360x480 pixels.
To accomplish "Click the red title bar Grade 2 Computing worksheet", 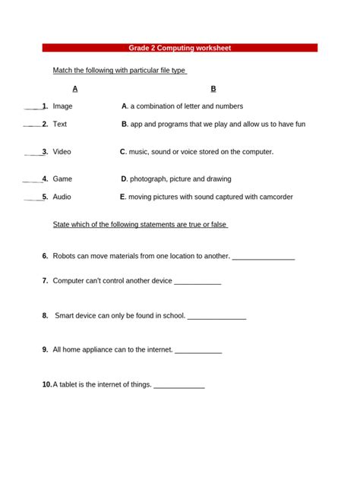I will (180, 48).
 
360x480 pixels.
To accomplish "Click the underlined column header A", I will (74, 89).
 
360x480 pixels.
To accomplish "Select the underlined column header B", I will (213, 89).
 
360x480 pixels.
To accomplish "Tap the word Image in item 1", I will (63, 106).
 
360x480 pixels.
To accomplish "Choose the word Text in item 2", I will (60, 124).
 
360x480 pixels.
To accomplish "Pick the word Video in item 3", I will (62, 152).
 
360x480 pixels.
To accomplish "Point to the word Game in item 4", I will (62, 179).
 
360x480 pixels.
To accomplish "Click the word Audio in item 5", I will (62, 197).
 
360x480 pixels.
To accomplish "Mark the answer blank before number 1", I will (32, 108).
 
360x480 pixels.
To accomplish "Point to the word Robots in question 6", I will (65, 256).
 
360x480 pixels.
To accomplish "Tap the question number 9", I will (46, 350).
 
